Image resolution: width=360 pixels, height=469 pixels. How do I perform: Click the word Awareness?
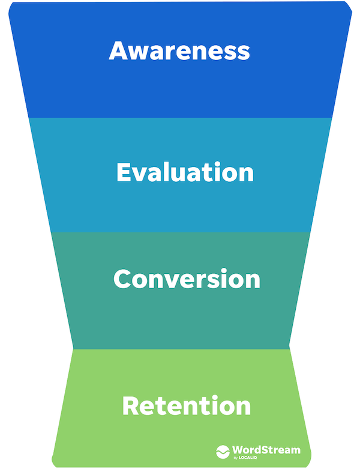tap(179, 51)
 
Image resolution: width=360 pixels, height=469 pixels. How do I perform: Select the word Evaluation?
tap(185, 172)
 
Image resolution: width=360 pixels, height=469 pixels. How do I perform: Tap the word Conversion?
tap(187, 279)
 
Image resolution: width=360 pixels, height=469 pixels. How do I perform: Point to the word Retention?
tap(186, 406)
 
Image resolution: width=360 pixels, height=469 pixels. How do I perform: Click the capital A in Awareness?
tap(118, 51)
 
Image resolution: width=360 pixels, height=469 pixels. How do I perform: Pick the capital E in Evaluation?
tap(124, 172)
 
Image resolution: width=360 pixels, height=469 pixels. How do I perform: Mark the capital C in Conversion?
tap(122, 279)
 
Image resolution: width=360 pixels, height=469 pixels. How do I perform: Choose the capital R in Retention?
tap(131, 406)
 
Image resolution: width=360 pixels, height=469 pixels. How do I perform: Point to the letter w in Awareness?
tap(139, 53)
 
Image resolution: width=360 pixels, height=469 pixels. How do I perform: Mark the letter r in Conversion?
tap(197, 281)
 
